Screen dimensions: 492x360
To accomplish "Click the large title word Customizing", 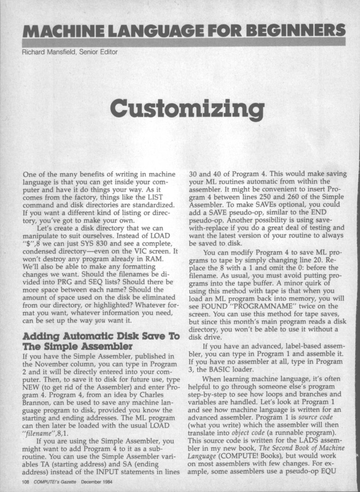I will coord(186,108).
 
